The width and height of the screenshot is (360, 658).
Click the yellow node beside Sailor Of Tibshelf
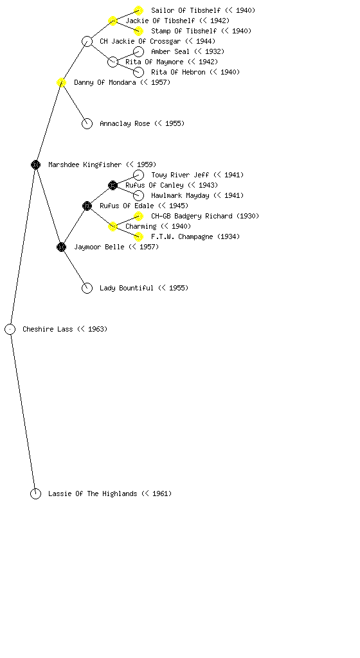[138, 10]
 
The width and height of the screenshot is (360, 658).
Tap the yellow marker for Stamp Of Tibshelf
[138, 31]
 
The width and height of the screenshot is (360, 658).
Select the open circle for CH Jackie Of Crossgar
[87, 41]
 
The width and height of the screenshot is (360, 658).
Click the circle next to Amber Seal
[138, 51]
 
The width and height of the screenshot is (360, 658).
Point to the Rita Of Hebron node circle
[138, 72]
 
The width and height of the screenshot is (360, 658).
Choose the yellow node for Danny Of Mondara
[61, 82]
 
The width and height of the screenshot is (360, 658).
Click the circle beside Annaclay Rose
[87, 123]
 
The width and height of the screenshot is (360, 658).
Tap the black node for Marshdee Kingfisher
[35, 164]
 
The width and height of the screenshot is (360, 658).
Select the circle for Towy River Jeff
[138, 175]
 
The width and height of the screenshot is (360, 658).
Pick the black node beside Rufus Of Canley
[113, 185]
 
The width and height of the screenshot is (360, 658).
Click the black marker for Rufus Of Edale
[87, 206]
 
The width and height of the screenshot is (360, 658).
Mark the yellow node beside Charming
[113, 226]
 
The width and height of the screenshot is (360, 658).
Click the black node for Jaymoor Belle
[61, 247]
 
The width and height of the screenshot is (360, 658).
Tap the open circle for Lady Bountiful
[87, 288]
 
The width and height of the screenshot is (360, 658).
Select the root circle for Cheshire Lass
[10, 329]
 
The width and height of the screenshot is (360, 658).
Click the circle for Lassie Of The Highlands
[35, 493]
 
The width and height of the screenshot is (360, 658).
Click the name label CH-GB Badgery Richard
[192, 216]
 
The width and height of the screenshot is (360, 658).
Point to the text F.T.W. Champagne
[182, 236]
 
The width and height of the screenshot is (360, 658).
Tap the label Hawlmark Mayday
[180, 195]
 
